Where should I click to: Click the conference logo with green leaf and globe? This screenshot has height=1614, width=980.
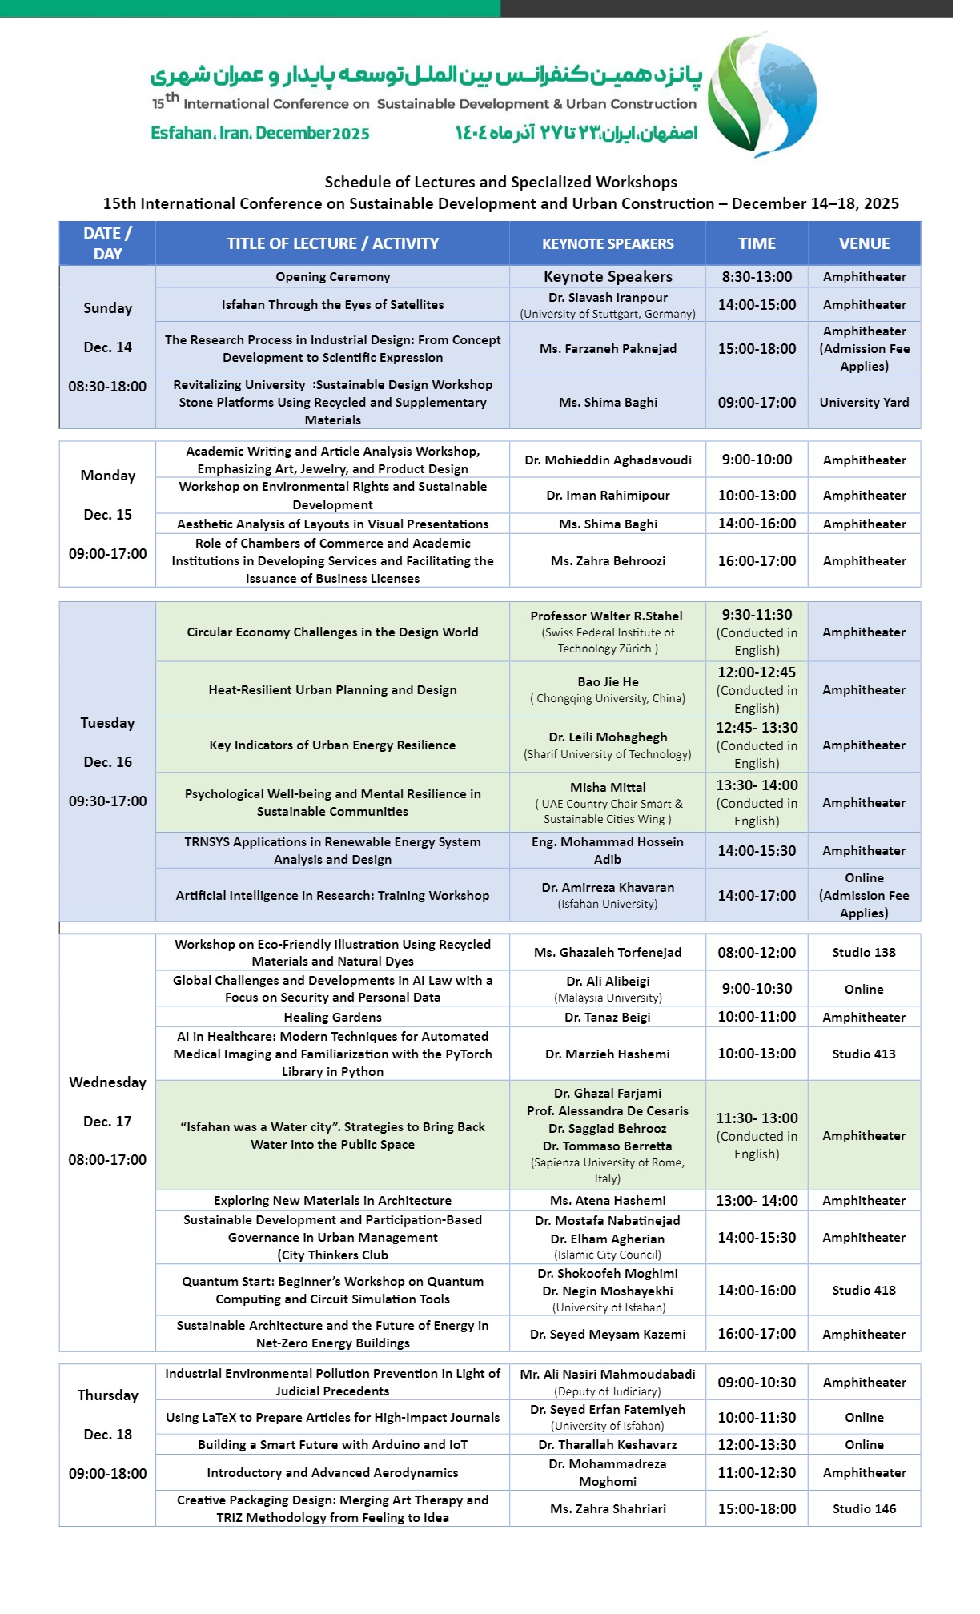click(x=762, y=94)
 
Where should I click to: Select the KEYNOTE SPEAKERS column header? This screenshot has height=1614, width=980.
click(x=608, y=243)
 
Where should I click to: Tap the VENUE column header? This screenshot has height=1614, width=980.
click(x=864, y=243)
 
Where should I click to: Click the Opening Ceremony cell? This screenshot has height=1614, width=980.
click(x=332, y=277)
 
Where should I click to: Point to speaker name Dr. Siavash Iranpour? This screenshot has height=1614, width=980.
click(x=608, y=297)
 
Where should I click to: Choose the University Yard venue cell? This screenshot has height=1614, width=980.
click(x=864, y=403)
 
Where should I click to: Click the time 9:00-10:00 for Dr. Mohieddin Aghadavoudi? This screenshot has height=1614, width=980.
click(x=757, y=460)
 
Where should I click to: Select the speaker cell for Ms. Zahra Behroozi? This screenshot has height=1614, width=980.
click(x=608, y=561)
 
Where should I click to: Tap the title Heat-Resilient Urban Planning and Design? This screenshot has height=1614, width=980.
click(x=332, y=690)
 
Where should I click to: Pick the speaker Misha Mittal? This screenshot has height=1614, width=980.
click(x=608, y=788)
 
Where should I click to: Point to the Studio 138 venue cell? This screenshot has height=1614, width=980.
click(x=864, y=953)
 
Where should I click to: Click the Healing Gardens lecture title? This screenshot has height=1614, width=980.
click(x=332, y=1018)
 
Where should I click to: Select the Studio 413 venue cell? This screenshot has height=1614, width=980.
click(x=864, y=1054)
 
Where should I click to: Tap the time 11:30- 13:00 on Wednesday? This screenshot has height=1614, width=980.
click(x=757, y=1118)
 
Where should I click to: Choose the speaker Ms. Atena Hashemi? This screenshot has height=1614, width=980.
click(x=608, y=1201)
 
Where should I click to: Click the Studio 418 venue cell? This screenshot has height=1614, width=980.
click(x=864, y=1291)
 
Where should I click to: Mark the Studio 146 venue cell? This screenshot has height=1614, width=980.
click(x=864, y=1509)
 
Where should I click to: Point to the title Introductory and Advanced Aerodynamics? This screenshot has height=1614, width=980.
click(x=332, y=1473)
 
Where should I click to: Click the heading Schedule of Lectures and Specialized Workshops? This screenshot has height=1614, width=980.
click(x=500, y=182)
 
